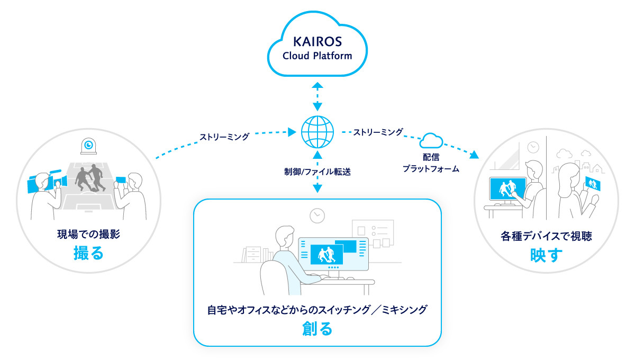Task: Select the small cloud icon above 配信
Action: point(431,141)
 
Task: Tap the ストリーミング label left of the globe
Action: point(224,137)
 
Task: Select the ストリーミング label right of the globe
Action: point(378,131)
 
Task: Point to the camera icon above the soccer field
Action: point(88,145)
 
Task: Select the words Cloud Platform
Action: point(317,56)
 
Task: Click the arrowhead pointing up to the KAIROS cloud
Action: point(317,85)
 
